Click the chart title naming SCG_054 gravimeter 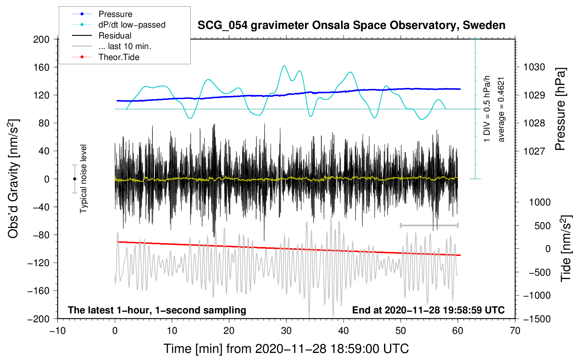pyautogui.click(x=351, y=25)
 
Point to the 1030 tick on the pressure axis pyautogui.click(x=534, y=67)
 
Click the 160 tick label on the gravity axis pyautogui.click(x=41, y=67)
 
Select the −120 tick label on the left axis pyautogui.click(x=38, y=263)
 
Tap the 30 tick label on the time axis pyautogui.click(x=286, y=331)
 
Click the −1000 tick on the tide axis pyautogui.click(x=537, y=295)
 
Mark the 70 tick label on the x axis pyautogui.click(x=515, y=331)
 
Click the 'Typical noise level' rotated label pyautogui.click(x=83, y=179)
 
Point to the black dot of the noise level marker pyautogui.click(x=74, y=179)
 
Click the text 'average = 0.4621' pyautogui.click(x=501, y=110)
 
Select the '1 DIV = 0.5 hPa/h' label pyautogui.click(x=486, y=109)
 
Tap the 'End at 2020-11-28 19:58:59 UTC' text pyautogui.click(x=428, y=310)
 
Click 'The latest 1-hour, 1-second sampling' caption pyautogui.click(x=157, y=310)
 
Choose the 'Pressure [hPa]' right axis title pyautogui.click(x=560, y=109)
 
